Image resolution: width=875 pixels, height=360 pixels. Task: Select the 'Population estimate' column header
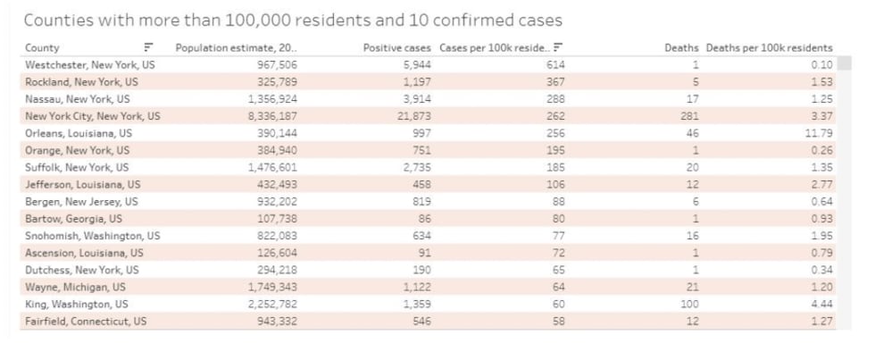click(x=236, y=47)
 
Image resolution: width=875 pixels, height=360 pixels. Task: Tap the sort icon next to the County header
click(x=148, y=47)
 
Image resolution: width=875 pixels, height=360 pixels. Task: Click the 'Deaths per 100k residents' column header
click(x=769, y=47)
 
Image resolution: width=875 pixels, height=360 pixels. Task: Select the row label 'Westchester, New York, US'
click(x=89, y=65)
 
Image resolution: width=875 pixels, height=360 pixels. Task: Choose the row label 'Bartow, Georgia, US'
click(x=74, y=218)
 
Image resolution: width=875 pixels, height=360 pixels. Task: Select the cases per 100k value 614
click(x=555, y=65)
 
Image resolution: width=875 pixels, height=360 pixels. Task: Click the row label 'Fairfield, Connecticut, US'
click(x=86, y=321)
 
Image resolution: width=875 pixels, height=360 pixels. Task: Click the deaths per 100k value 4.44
click(x=822, y=304)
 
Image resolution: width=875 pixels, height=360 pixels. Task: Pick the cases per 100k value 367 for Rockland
click(x=555, y=82)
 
